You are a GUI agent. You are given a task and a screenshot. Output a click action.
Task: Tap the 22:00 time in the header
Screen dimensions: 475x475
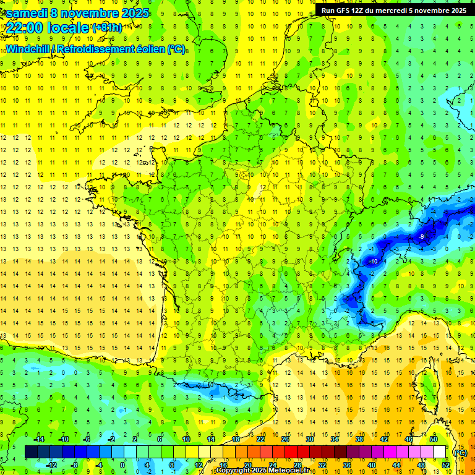[x=25, y=28]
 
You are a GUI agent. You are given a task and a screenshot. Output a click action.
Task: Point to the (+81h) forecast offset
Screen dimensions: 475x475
[x=106, y=28]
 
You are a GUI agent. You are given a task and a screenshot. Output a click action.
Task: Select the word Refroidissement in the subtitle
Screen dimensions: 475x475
[x=99, y=49]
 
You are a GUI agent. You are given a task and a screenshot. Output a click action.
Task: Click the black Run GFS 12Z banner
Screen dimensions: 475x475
[x=394, y=11]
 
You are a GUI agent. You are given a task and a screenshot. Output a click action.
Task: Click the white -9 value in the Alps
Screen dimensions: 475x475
[x=421, y=237]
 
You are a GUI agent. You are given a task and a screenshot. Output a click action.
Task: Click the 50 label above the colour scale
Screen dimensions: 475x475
[x=434, y=439]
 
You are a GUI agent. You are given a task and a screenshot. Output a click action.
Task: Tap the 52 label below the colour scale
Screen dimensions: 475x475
[x=445, y=464]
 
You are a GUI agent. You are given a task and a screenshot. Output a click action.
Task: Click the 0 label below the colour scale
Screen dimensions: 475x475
[x=122, y=464]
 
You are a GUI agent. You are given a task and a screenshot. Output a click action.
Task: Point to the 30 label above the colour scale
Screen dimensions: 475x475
[x=309, y=439]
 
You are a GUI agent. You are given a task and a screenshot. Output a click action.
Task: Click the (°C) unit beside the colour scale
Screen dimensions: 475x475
[x=460, y=452]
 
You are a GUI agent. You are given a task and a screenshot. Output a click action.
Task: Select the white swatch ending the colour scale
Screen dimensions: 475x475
[x=439, y=452]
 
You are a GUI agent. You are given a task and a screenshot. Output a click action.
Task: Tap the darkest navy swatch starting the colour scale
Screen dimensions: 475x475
[x=31, y=452]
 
